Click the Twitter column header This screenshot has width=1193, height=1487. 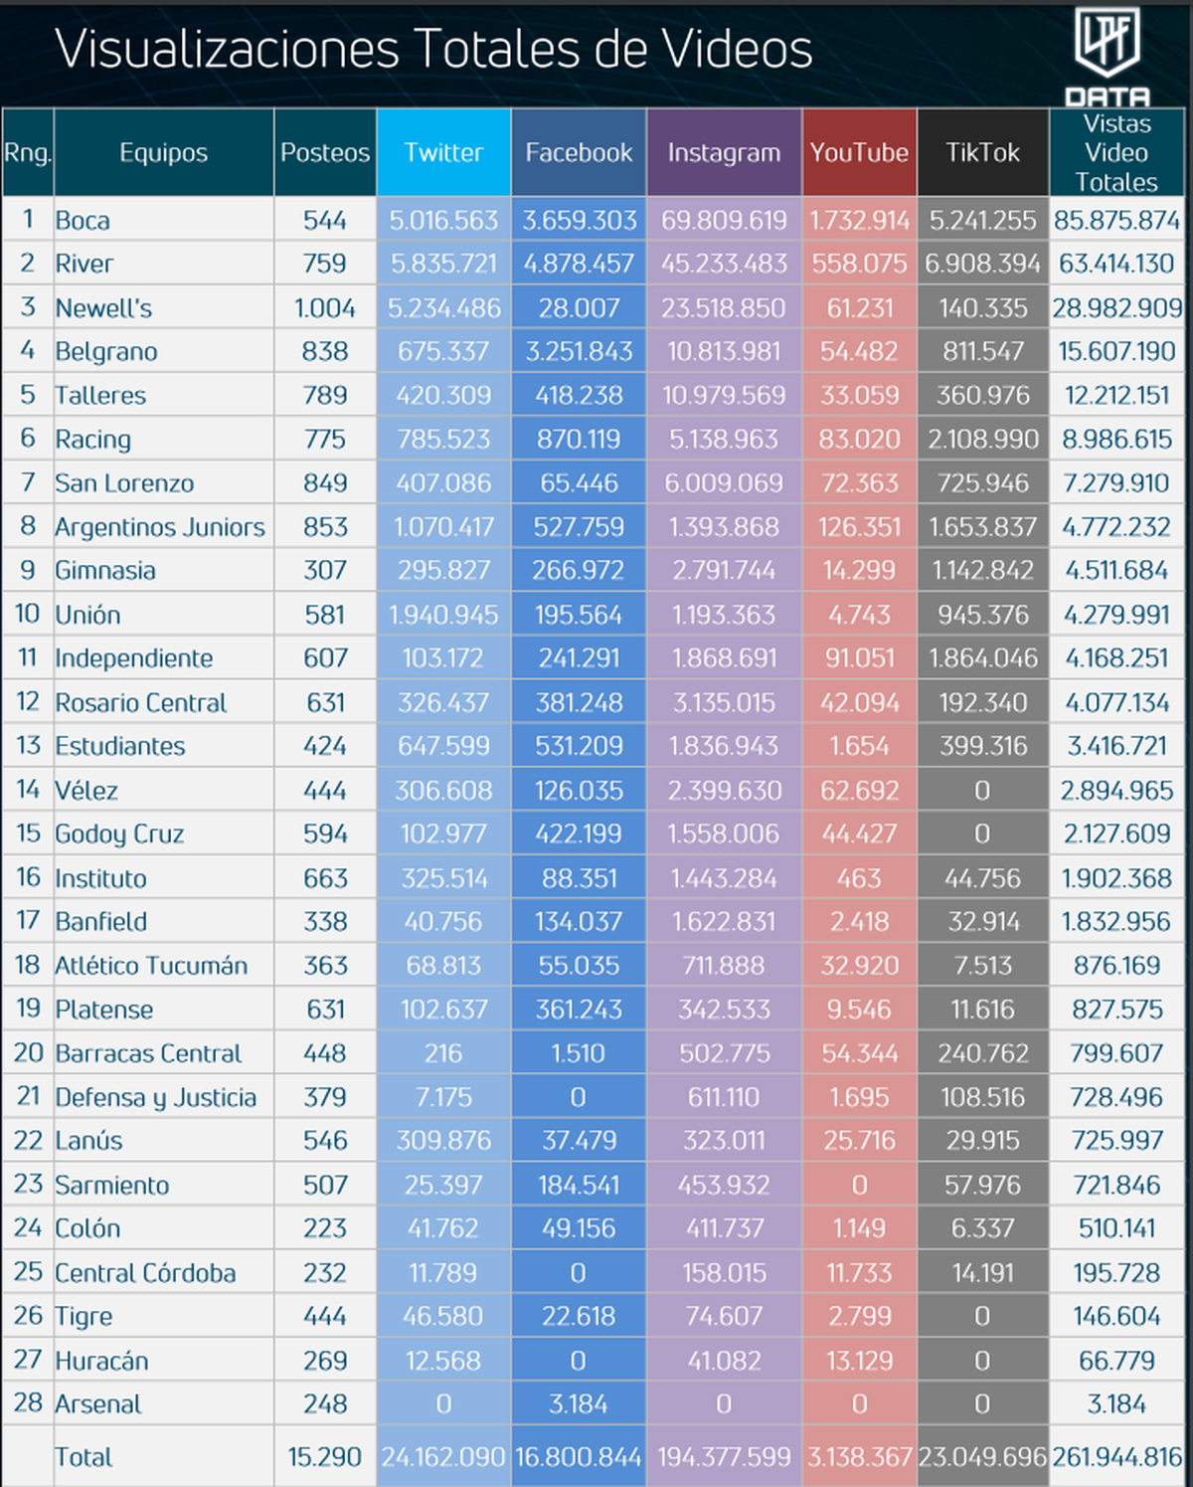443,152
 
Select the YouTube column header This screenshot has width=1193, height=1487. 859,152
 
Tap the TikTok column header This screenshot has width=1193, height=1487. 982,152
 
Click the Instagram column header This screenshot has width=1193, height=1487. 724,152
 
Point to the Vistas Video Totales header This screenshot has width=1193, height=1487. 1116,152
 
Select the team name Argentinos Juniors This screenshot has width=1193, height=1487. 160,527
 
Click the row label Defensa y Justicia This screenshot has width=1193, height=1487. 156,1097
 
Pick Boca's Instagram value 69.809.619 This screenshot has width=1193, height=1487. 724,220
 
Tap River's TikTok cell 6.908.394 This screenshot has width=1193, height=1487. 982,264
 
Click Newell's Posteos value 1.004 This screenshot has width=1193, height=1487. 325,308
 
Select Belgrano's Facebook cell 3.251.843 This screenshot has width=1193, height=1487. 579,351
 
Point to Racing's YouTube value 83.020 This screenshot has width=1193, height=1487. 859,439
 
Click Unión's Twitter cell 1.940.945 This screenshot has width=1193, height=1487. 443,615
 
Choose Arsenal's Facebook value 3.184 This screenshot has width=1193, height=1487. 579,1403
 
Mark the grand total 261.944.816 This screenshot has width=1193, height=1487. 1116,1457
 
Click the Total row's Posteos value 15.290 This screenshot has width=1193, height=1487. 325,1457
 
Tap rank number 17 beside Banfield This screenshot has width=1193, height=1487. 28,921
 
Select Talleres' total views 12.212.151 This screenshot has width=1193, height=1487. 1116,395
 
